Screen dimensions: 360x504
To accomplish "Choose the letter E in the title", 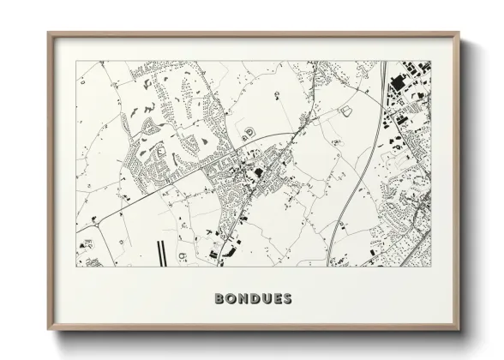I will (x=276, y=299).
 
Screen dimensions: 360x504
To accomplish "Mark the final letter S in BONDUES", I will (x=287, y=299).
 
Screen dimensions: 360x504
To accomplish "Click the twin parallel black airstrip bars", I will (x=159, y=250).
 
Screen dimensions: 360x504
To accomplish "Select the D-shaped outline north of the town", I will (x=249, y=132).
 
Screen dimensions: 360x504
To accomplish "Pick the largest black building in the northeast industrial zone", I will (x=397, y=84).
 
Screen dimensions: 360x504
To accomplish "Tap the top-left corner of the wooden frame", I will (x=48, y=33).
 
